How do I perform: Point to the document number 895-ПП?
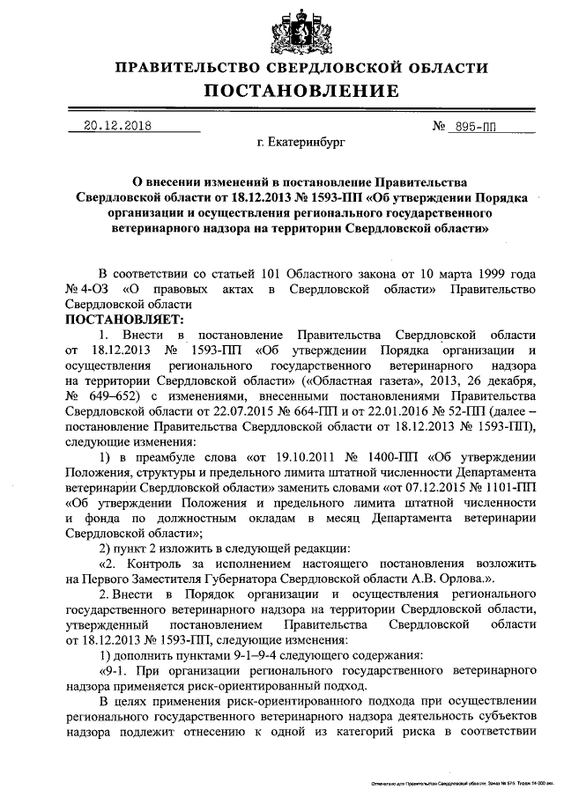pyautogui.click(x=471, y=127)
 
